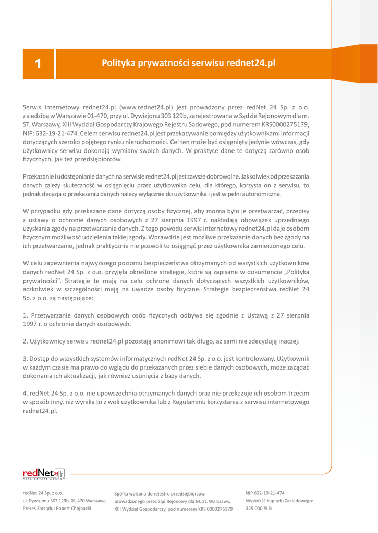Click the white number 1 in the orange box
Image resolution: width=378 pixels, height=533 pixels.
pyautogui.click(x=37, y=64)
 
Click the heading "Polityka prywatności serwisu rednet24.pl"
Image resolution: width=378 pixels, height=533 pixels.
pyautogui.click(x=188, y=64)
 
